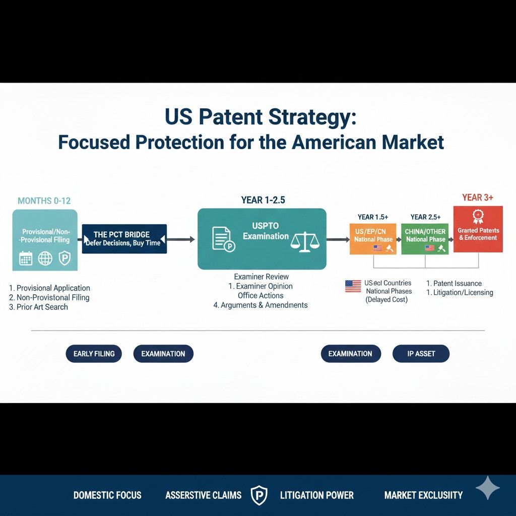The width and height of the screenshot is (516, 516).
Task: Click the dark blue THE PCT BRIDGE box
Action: (x=124, y=239)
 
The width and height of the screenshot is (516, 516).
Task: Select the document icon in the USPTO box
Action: (x=222, y=238)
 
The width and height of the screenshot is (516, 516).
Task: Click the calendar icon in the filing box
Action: (x=25, y=259)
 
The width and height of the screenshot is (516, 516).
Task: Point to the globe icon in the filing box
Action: (x=45, y=259)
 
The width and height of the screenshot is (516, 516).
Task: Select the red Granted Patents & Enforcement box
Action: (x=478, y=229)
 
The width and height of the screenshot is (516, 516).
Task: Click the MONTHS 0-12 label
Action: (x=44, y=201)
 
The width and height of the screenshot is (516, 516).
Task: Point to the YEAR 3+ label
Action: (x=478, y=198)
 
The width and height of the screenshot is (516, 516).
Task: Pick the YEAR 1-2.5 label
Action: (x=263, y=200)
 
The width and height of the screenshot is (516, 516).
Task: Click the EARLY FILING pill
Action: (x=94, y=354)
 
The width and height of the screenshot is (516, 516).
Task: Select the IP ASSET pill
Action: (x=421, y=354)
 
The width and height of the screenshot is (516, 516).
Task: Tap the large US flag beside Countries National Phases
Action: (x=353, y=286)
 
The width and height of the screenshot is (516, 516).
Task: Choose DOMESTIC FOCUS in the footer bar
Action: (x=107, y=495)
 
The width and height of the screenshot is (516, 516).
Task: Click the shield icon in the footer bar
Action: (x=259, y=495)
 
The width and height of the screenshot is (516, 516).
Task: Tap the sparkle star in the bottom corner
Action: (x=487, y=487)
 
